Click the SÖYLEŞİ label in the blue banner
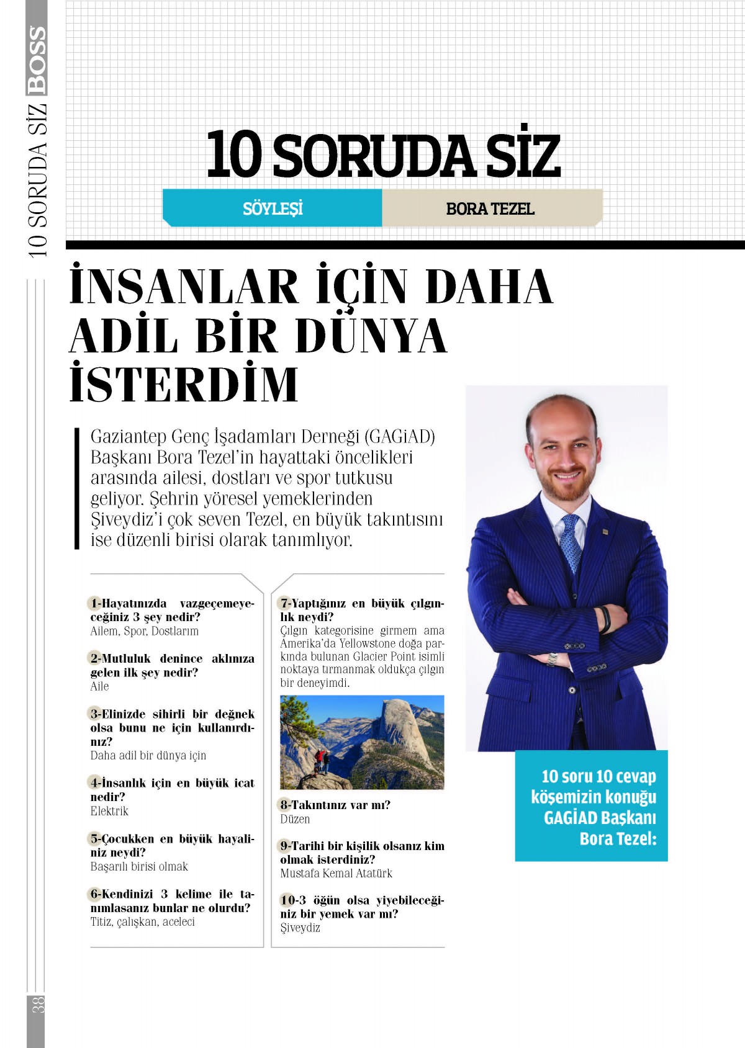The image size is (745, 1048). [273, 208]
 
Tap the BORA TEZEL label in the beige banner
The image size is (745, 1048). [490, 209]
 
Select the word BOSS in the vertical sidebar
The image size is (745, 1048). [37, 60]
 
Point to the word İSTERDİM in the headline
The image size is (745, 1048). [184, 385]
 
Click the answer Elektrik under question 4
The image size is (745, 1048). [109, 811]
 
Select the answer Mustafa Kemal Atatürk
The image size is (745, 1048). [336, 874]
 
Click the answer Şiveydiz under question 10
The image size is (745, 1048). [300, 928]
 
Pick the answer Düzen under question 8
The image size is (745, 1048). [294, 820]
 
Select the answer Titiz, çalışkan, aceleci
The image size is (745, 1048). [142, 922]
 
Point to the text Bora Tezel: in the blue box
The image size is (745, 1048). [618, 839]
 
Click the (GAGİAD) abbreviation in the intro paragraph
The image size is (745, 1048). [400, 437]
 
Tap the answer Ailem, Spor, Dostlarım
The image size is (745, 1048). [144, 631]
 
